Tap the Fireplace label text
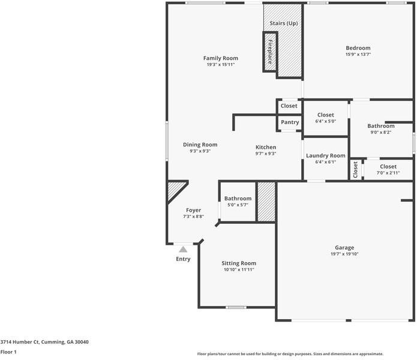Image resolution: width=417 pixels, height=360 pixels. click(270, 52)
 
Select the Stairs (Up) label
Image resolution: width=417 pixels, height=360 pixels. click(283, 23)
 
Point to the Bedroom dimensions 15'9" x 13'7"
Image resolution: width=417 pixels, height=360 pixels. click(358, 55)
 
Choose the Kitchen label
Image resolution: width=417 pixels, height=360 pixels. click(266, 147)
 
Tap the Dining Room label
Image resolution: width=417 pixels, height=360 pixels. click(200, 145)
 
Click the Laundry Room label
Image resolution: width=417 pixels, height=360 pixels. click(326, 155)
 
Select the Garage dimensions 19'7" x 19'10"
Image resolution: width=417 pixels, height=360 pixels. click(344, 254)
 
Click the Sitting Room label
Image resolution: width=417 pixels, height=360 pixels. click(239, 263)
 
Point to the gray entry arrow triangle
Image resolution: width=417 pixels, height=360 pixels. click(183, 249)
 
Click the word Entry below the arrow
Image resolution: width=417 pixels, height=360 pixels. click(183, 259)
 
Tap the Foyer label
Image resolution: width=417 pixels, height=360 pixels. click(193, 210)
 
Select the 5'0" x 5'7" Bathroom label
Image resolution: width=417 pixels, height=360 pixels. click(238, 199)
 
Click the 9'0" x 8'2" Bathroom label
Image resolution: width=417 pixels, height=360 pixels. click(381, 126)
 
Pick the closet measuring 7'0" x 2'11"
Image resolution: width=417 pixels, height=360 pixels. click(388, 166)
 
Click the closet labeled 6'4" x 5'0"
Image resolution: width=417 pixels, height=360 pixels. click(325, 115)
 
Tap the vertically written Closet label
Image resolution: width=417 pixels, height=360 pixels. click(355, 170)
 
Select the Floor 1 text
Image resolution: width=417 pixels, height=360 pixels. click(8, 352)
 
